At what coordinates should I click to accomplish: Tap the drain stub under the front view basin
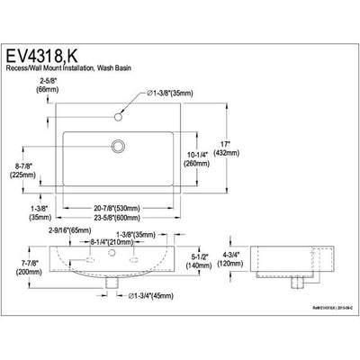point(110,283)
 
